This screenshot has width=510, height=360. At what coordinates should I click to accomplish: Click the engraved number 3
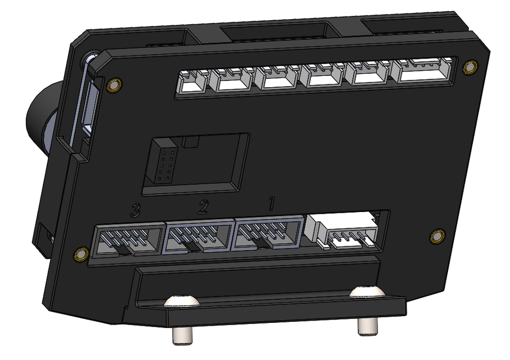(x=135, y=211)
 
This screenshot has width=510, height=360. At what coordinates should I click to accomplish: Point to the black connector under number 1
(x=269, y=234)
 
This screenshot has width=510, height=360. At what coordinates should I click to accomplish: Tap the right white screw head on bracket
(x=366, y=291)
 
